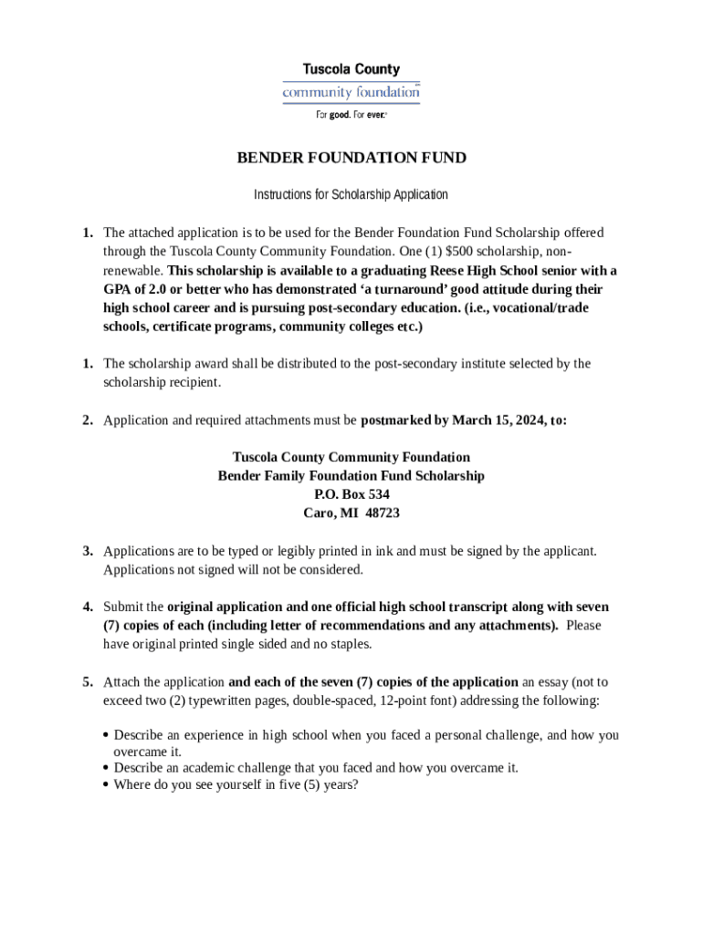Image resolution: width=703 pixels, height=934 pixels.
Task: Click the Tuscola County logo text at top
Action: click(x=351, y=69)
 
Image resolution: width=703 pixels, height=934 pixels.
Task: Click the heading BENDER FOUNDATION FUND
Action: click(x=351, y=158)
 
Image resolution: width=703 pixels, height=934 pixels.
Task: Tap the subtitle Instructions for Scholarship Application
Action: click(x=351, y=194)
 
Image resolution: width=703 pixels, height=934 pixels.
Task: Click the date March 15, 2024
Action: click(x=495, y=420)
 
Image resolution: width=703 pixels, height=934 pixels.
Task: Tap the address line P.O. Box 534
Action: click(x=351, y=494)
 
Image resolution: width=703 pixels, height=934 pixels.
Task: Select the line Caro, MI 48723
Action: click(x=351, y=513)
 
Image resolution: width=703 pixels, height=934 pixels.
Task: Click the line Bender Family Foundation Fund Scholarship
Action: click(x=351, y=476)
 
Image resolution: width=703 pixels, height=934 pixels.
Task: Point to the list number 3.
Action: click(x=88, y=551)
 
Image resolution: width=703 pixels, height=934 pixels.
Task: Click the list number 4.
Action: click(x=88, y=607)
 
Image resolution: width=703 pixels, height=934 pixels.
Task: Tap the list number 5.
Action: click(x=88, y=681)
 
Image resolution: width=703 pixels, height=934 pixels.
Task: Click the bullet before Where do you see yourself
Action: click(x=107, y=784)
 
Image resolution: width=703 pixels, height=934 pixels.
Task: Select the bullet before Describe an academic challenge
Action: click(x=107, y=768)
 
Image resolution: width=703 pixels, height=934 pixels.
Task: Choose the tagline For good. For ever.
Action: click(x=351, y=115)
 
